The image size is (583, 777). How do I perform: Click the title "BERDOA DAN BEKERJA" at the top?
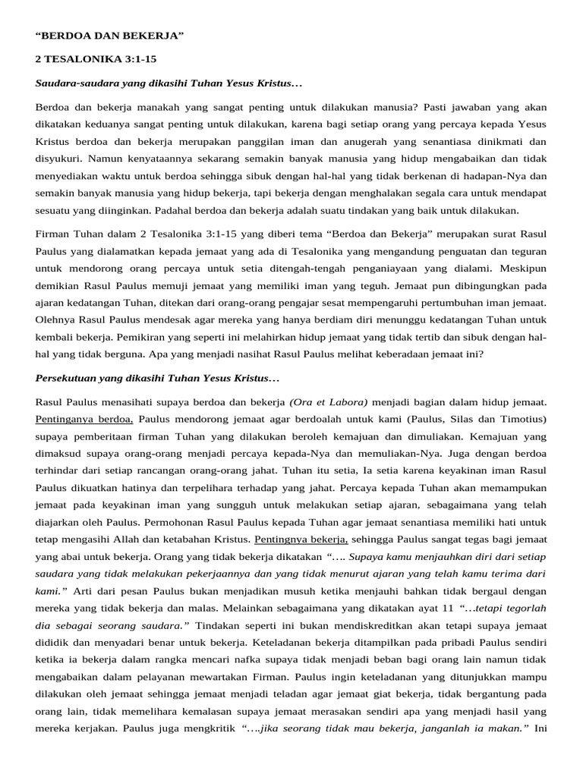click(x=110, y=36)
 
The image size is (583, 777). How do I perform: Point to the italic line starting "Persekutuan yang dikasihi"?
click(x=158, y=378)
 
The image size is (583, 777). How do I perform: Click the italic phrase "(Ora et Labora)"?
click(x=329, y=401)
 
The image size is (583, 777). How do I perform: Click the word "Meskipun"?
click(x=524, y=268)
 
